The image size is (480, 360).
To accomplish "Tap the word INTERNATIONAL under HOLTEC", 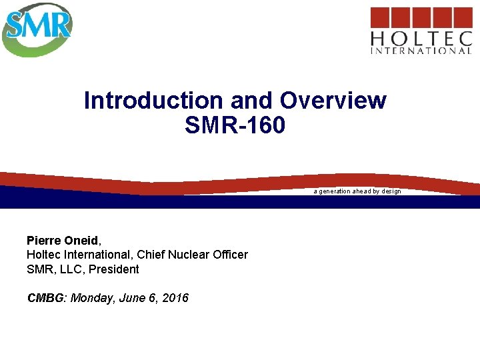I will coord(421,50).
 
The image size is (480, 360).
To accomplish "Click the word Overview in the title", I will coord(333,101).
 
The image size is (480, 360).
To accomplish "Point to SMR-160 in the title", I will coord(235,125).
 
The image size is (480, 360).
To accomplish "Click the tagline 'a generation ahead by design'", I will coord(357,191).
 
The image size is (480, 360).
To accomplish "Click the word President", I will coord(114,269).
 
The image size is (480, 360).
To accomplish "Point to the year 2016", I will coord(173,298).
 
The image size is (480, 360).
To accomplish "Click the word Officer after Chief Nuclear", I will coord(229,255).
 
